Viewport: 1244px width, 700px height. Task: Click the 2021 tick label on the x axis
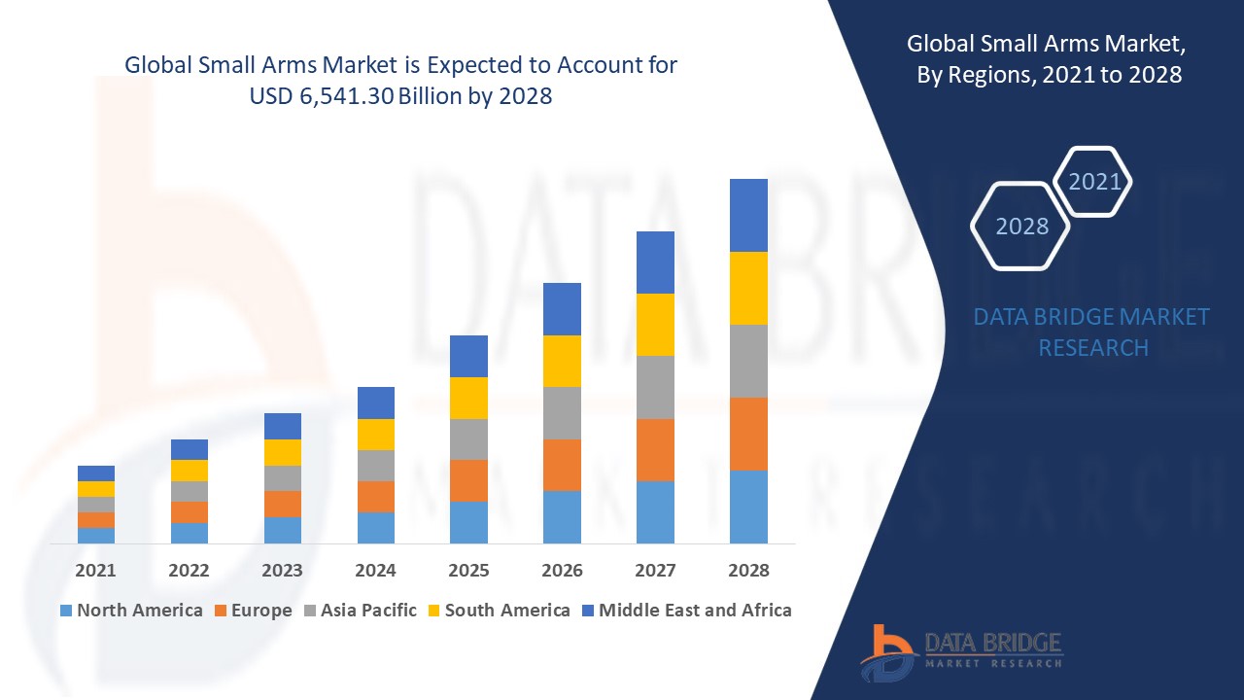click(95, 571)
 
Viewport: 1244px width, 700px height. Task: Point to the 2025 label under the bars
click(468, 571)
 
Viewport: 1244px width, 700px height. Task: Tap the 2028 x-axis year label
click(748, 571)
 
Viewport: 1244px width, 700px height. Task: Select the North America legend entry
click(131, 611)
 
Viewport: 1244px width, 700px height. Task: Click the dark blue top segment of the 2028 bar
click(748, 215)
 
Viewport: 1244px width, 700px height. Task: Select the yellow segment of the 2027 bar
click(655, 325)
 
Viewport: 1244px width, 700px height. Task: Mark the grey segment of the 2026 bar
click(562, 413)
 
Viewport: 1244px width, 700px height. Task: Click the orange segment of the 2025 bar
click(468, 480)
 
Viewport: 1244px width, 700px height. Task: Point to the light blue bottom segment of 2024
click(375, 527)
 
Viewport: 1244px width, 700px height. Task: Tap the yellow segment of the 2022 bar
click(189, 471)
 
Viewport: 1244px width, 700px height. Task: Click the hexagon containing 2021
click(1094, 182)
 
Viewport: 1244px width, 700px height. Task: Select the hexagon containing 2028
click(1021, 226)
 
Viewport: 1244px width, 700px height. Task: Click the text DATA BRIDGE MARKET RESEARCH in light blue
click(1091, 332)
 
